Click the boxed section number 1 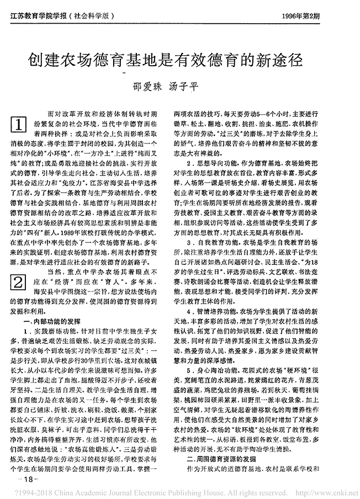tap(19, 125)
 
